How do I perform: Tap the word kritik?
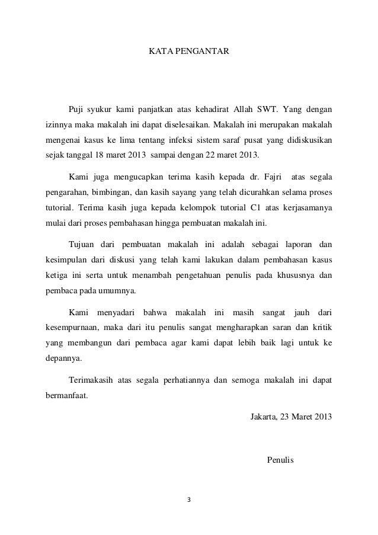click(x=322, y=326)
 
